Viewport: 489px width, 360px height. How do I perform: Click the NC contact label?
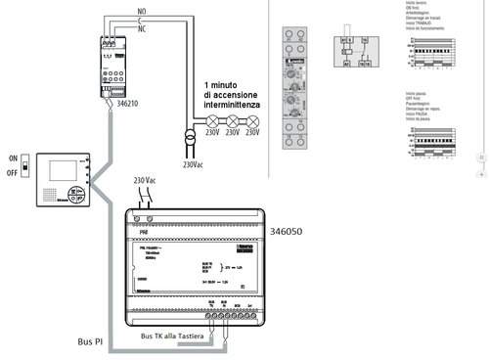coord(144,28)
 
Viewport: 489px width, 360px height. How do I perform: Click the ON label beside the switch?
coord(13,157)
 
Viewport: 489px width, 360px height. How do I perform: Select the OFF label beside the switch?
coord(13,173)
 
